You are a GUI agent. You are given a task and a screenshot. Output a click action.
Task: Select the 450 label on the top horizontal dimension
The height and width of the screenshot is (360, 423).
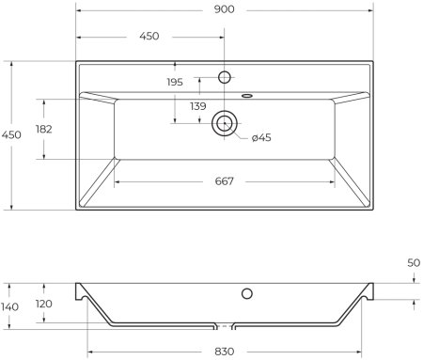[x=149, y=36]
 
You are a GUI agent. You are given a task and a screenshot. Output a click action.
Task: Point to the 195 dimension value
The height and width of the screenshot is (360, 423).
[x=175, y=83]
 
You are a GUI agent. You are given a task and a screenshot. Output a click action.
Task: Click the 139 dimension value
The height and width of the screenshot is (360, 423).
[x=198, y=106]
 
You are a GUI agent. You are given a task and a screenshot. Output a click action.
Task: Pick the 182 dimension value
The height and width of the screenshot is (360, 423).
[x=43, y=129]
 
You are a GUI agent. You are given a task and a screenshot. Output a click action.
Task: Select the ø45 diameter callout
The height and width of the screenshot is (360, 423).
[x=261, y=139]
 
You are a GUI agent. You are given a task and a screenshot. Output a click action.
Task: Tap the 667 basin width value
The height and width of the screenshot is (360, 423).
[x=225, y=181]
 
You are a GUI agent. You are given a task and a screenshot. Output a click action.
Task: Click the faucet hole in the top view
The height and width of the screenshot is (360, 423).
[x=225, y=76]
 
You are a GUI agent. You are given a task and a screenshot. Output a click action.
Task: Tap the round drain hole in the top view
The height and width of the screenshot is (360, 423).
[x=225, y=121]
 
